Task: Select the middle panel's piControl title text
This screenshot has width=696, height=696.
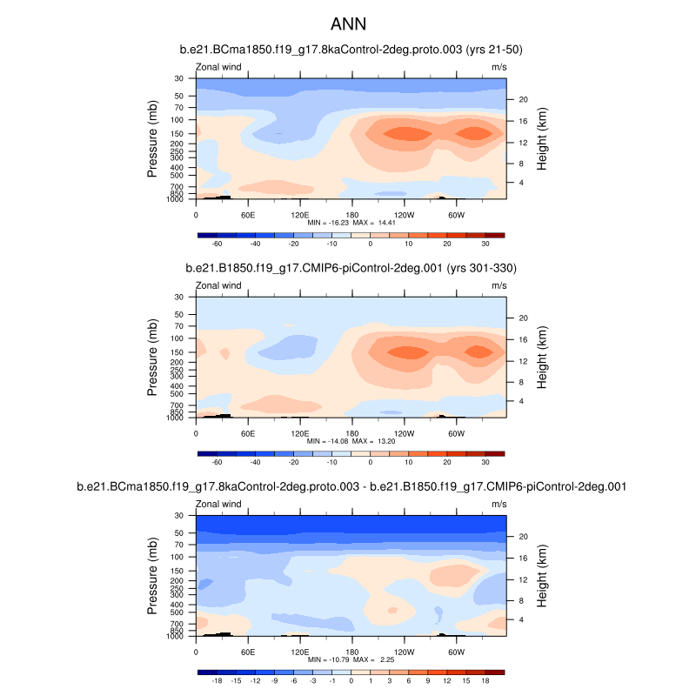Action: point(351,268)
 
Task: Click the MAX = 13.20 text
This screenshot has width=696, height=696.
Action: point(374,442)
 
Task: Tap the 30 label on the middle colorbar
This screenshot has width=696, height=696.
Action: point(485,464)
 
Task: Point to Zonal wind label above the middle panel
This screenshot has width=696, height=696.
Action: point(217,285)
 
